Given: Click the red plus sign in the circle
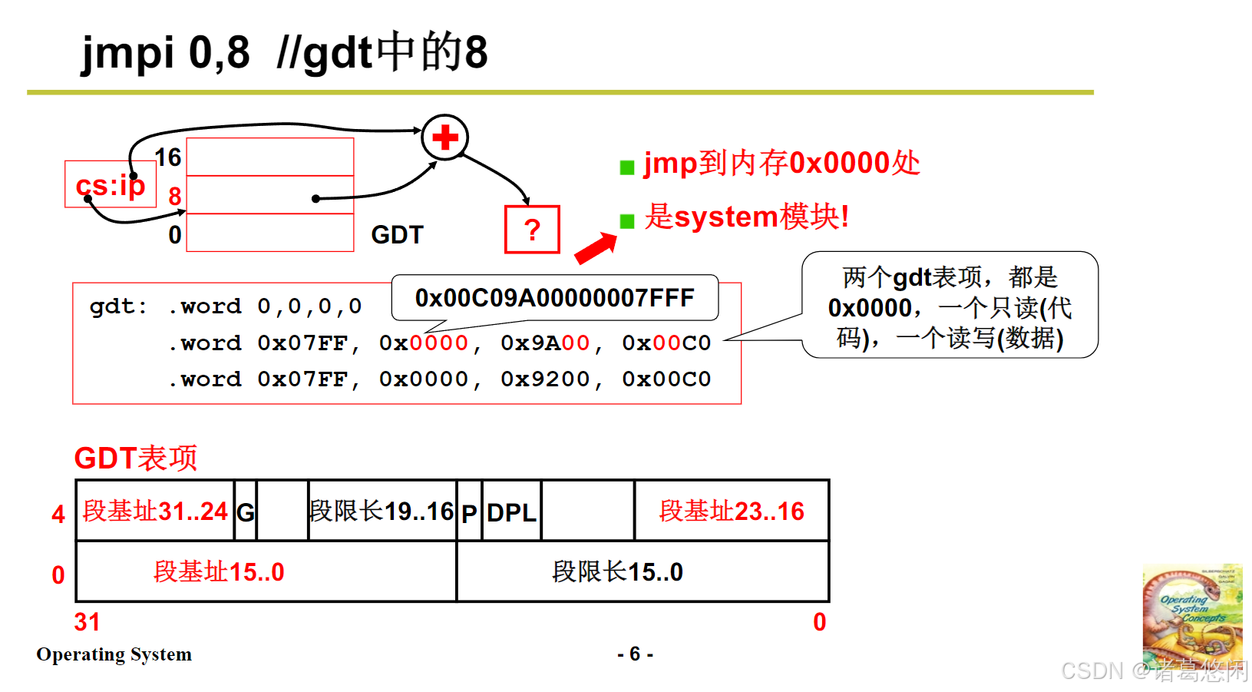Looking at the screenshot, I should point(444,138).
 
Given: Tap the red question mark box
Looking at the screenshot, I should point(532,230).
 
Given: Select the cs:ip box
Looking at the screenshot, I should point(111,184).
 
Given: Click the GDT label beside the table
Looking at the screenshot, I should point(397,234).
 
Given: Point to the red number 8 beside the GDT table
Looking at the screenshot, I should point(175,196).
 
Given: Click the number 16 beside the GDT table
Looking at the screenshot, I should point(168,157).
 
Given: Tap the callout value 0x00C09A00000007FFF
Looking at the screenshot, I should point(554,298).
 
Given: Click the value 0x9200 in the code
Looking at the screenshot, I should point(545,379).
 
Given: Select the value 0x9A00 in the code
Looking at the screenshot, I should point(545,343).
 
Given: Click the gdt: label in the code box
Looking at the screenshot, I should point(118,306).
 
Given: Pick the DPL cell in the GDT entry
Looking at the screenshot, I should point(511,512).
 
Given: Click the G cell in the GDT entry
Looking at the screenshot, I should point(245,512).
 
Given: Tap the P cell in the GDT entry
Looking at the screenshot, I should point(469,512).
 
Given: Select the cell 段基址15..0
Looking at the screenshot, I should point(220,572).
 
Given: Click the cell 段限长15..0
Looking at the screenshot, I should point(617,572).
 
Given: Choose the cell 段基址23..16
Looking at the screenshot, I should point(732,512).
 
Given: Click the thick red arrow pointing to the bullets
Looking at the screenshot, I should point(596,248).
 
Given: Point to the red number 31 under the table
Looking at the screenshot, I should point(87,622).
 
